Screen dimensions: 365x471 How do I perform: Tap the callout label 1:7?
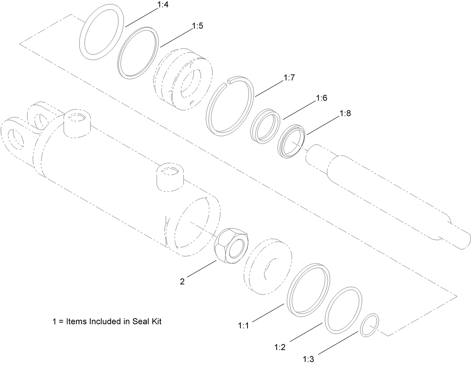pos(290,79)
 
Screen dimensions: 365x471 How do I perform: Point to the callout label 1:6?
pos(322,98)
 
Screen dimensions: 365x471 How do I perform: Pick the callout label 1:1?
pos(243,326)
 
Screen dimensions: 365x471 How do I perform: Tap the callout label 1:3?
pos(308,359)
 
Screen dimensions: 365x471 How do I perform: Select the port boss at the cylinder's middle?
pos(170,177)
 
